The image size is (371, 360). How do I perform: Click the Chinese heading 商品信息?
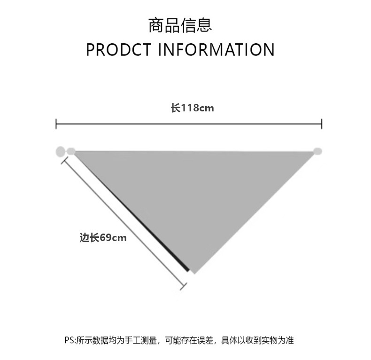pos(180,25)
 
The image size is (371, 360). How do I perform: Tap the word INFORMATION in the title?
pos(216,49)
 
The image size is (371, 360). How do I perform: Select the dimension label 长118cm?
pos(192,108)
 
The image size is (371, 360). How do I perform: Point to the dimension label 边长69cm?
pos(103,238)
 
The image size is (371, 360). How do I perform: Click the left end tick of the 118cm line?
pos(56,124)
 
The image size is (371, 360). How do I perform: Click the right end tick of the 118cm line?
pos(322,124)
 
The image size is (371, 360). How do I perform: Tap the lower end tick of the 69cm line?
pos(184,285)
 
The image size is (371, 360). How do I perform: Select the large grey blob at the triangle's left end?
pos(60,152)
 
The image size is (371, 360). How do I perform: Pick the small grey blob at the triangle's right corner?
pos(318,151)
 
